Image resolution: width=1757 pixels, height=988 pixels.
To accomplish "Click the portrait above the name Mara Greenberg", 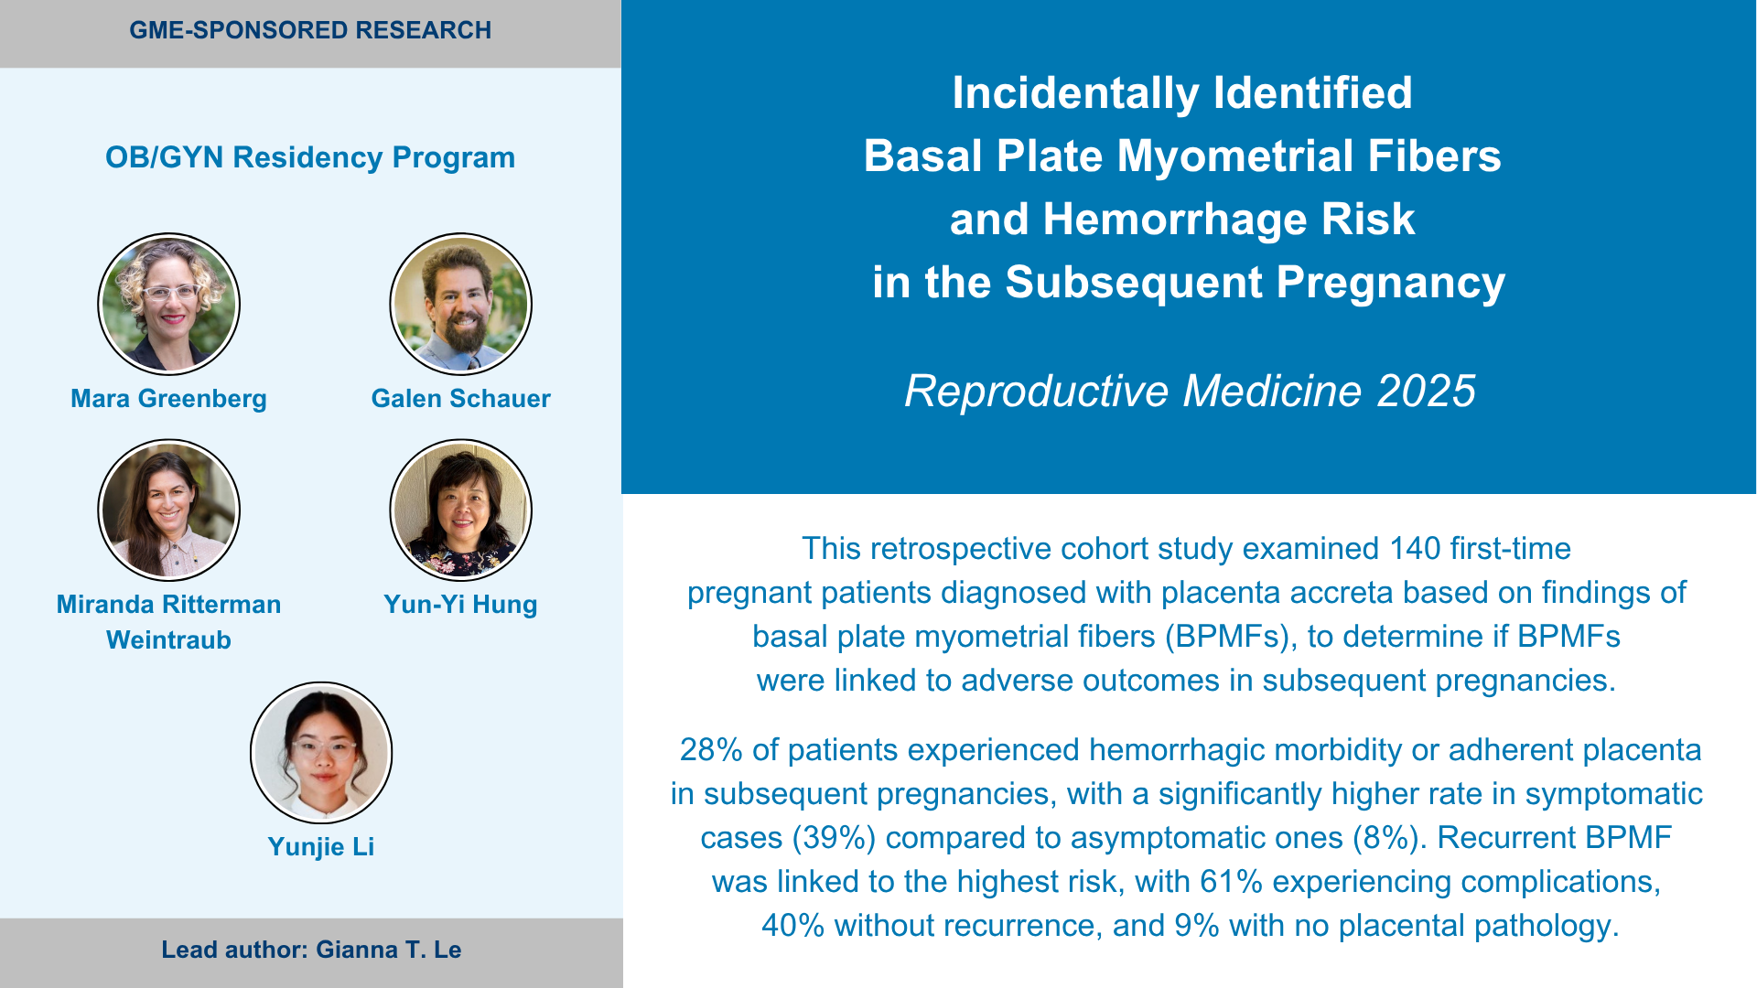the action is coord(168,304).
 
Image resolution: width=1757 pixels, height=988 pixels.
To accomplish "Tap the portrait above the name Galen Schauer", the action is coord(460,304).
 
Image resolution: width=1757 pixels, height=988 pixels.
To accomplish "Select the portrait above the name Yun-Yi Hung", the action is coord(460,510).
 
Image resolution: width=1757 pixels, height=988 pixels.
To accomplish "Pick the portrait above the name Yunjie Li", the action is coord(321,752).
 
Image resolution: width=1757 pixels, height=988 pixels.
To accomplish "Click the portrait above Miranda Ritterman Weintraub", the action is coord(168,510).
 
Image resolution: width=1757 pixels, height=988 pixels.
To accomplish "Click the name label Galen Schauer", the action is coord(460,399).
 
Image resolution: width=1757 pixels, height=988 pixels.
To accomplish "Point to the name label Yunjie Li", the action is coord(321,847).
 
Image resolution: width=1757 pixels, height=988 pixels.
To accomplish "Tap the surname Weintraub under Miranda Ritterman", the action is coord(168,640).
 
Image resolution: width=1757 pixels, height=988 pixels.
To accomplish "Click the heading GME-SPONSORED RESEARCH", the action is coord(310,30).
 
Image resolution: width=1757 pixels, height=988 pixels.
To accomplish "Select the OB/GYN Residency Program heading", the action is coord(310,157).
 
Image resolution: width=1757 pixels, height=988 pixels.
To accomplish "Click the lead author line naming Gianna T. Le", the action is coord(311,950).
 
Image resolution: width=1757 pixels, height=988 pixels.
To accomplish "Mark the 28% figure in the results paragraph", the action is coord(711,750).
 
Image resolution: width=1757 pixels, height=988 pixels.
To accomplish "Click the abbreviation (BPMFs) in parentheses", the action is coord(1232,637).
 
